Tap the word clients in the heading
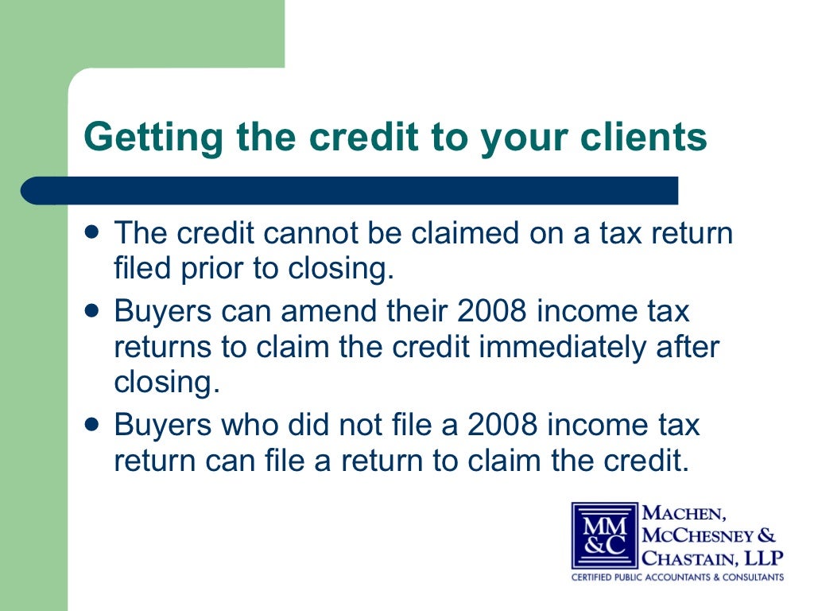[x=643, y=138]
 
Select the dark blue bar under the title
[x=350, y=191]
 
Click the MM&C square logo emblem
[x=605, y=535]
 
